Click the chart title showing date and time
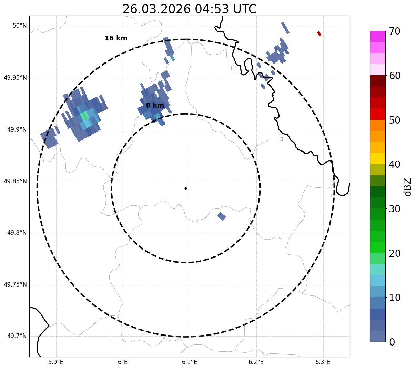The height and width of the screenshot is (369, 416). (x=189, y=9)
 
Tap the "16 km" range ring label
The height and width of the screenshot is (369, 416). (x=116, y=38)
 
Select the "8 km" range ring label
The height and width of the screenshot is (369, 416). (x=155, y=106)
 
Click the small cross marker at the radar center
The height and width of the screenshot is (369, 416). (x=186, y=188)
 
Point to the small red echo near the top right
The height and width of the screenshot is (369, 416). (x=319, y=33)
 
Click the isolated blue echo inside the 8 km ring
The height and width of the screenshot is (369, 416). (x=221, y=216)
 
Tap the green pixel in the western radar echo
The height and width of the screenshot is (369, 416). (x=84, y=116)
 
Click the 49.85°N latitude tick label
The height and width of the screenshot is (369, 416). (x=15, y=181)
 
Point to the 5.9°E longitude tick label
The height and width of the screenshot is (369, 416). (x=56, y=362)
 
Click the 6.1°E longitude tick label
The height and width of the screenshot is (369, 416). (x=190, y=362)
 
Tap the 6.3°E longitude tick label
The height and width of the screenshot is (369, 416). (x=323, y=362)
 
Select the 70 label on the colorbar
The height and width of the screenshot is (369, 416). (x=395, y=31)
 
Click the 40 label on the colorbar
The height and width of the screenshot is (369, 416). (x=395, y=165)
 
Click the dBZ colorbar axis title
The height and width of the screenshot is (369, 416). (x=408, y=187)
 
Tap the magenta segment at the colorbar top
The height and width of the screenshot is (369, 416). (x=377, y=36)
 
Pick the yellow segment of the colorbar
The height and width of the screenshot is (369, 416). (x=377, y=158)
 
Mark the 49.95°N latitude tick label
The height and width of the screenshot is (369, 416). (x=15, y=78)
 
